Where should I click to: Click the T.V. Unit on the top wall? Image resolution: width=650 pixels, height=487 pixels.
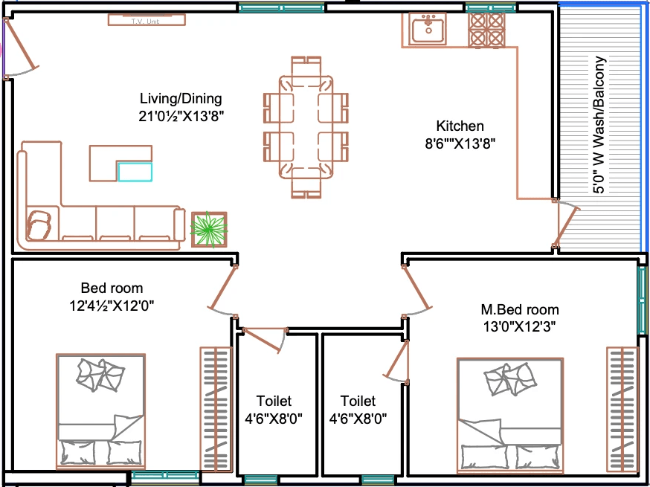tap(147, 20)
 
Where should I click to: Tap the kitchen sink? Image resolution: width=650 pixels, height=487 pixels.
tap(428, 28)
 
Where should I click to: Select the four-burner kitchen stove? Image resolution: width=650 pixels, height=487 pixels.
tap(486, 30)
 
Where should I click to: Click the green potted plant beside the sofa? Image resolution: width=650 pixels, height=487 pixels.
tap(209, 230)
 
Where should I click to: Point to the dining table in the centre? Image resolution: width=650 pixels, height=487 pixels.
tap(306, 127)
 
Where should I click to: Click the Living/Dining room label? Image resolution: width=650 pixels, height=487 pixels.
tap(181, 99)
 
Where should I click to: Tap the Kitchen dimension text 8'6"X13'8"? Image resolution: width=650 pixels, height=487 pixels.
tap(460, 143)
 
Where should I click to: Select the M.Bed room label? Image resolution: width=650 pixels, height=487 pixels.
tap(519, 309)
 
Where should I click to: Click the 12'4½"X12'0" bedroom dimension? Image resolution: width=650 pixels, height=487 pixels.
tap(112, 306)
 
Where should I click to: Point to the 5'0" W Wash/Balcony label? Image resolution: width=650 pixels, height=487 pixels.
tap(599, 125)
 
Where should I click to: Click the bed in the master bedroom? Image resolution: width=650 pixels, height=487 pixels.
tap(510, 416)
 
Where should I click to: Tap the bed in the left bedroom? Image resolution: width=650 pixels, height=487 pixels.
tap(100, 412)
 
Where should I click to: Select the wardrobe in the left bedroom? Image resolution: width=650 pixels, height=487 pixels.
tap(216, 409)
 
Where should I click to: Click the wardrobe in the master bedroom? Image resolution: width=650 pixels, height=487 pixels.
tap(622, 409)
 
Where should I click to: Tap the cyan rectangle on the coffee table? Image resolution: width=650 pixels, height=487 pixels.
tap(135, 172)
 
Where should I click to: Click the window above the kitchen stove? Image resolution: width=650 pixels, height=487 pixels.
tap(491, 8)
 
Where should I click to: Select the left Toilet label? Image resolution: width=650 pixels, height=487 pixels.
tap(274, 401)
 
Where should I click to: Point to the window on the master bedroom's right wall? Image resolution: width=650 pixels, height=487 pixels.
tap(642, 298)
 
